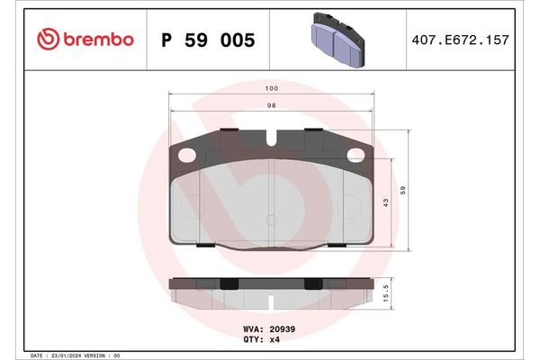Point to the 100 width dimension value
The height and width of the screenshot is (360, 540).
tap(271, 88)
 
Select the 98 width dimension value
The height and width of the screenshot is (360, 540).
tap(271, 105)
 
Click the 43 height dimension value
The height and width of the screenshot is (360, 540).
tap(386, 202)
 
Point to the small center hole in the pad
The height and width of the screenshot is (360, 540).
tap(271, 219)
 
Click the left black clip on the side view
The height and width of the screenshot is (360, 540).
tap(229, 284)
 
